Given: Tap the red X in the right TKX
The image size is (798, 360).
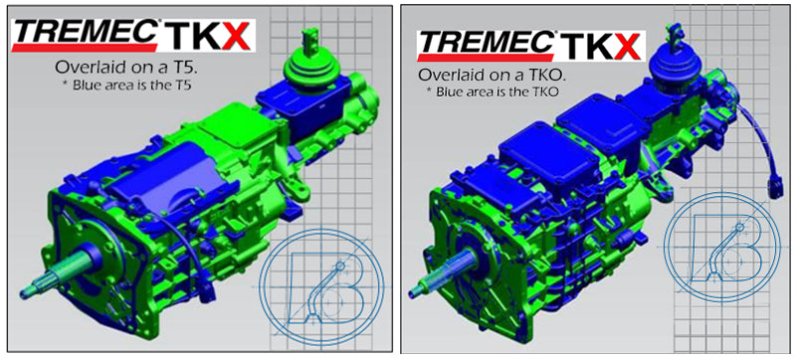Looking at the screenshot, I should click(x=627, y=46).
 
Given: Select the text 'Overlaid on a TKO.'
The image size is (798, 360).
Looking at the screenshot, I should click(x=489, y=75).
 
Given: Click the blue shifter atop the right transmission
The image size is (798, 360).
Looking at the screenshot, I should click(x=675, y=64).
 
